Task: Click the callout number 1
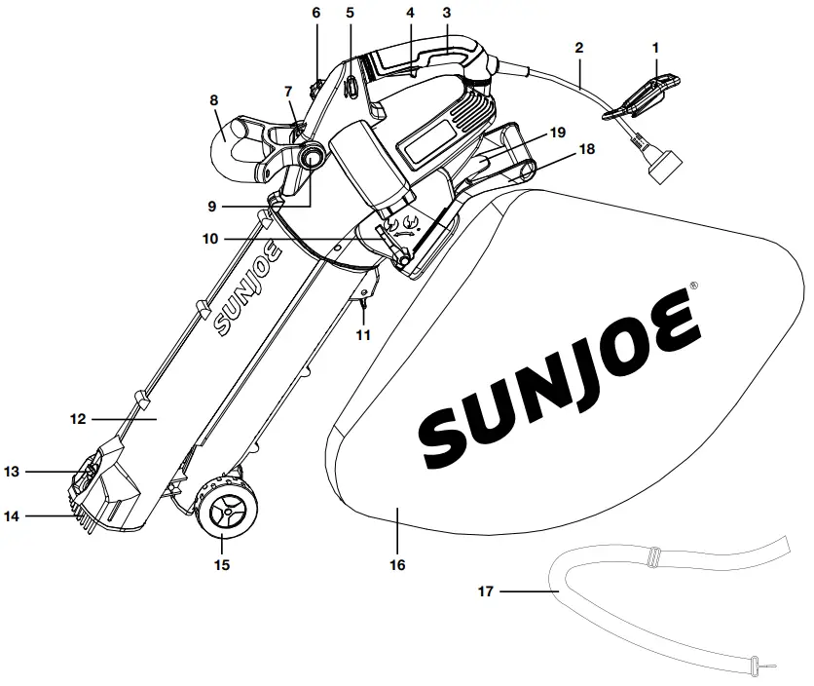click(655, 47)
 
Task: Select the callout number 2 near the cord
click(579, 47)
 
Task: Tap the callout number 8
click(213, 99)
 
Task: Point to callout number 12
click(79, 419)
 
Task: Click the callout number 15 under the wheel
click(222, 564)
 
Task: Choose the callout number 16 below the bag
click(397, 565)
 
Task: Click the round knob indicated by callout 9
click(314, 156)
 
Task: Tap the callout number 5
click(350, 13)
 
